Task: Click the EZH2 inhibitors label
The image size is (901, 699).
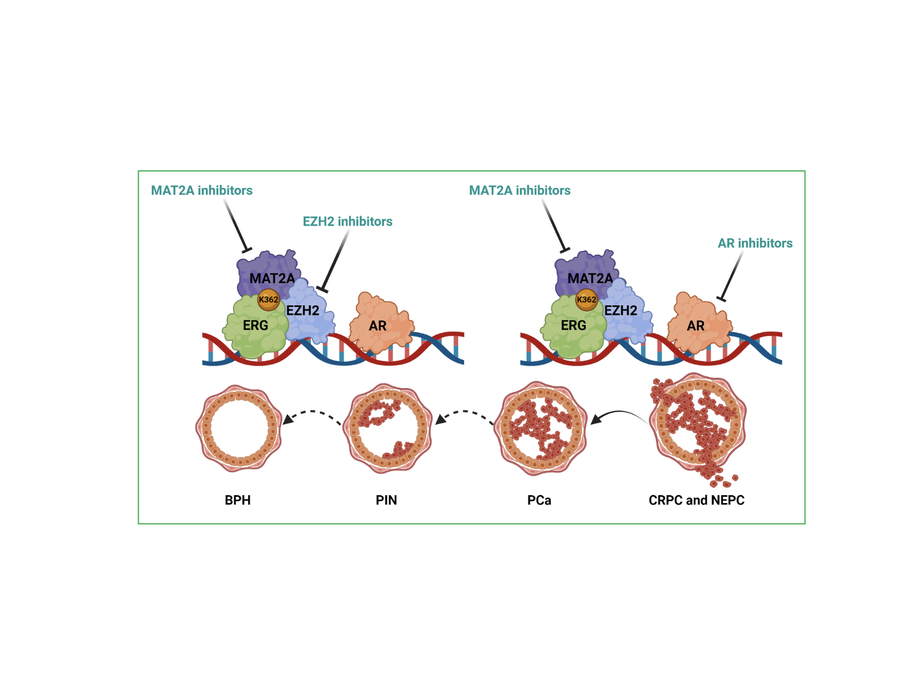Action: (347, 221)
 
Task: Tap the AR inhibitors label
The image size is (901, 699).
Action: (755, 243)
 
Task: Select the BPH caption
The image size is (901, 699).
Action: (238, 500)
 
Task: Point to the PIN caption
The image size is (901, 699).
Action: (386, 500)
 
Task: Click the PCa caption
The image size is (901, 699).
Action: (539, 500)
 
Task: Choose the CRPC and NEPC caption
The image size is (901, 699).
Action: (696, 500)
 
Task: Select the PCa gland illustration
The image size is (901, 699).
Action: (540, 429)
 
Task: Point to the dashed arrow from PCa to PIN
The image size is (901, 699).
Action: (465, 412)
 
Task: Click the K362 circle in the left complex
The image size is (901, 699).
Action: (268, 300)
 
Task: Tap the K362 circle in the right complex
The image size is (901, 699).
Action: (586, 300)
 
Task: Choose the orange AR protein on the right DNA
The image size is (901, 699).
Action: (699, 323)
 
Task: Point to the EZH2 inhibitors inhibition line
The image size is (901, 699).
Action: (336, 261)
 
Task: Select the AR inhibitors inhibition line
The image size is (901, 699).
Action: (732, 276)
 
